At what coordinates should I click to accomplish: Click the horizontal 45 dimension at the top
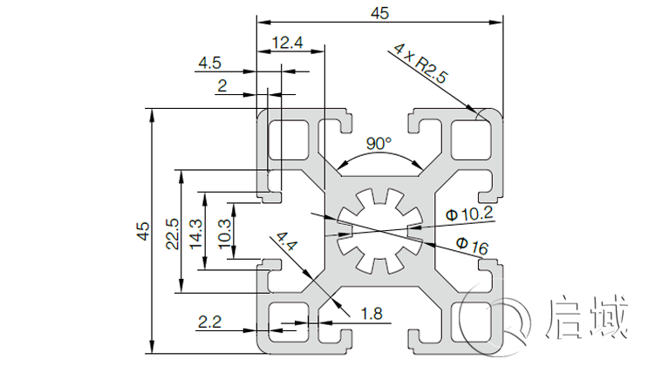[x=379, y=12]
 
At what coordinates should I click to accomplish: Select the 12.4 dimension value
[x=287, y=42]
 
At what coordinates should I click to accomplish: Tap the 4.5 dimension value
[x=210, y=63]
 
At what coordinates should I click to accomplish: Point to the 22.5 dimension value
[x=172, y=232]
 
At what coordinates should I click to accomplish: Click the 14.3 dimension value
[x=195, y=233]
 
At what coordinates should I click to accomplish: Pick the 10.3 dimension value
[x=223, y=232]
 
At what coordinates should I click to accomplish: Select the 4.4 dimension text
[x=287, y=242]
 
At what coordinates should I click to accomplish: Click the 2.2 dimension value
[x=209, y=322]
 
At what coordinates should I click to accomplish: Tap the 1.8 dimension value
[x=372, y=313]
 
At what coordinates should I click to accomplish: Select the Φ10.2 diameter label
[x=469, y=214]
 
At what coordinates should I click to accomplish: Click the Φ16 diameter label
[x=471, y=247]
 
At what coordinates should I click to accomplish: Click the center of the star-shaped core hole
[x=379, y=230]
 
